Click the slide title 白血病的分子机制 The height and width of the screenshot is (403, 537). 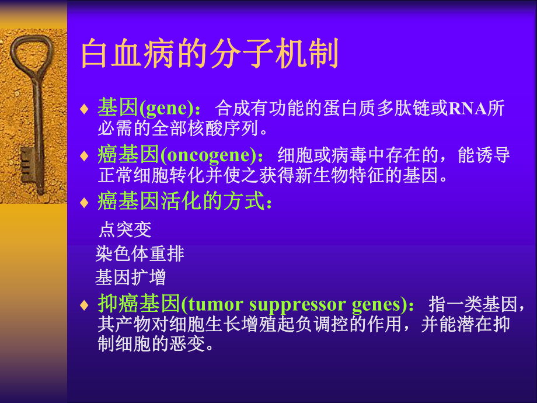[x=210, y=54]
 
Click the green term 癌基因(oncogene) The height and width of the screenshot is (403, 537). [x=176, y=155]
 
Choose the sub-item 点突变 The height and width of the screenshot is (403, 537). [x=125, y=230]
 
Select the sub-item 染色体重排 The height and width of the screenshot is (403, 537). [x=140, y=253]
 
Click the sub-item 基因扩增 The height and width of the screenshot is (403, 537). [x=131, y=276]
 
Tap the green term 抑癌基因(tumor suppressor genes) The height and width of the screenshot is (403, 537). [x=250, y=304]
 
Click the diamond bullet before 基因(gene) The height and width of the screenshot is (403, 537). [x=85, y=109]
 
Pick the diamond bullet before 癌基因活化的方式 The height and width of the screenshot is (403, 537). [x=85, y=203]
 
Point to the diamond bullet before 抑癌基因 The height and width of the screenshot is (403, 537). [x=85, y=305]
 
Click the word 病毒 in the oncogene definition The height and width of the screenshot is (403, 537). [x=328, y=155]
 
